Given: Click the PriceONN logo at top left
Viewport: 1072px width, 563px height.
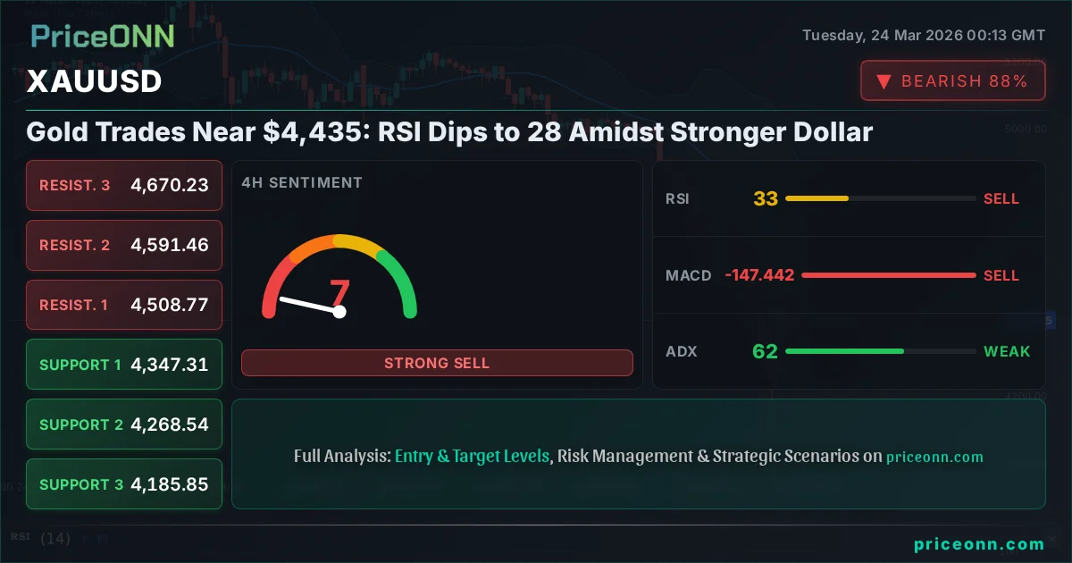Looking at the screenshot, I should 103,36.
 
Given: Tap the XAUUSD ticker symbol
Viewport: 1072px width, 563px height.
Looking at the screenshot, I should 94,81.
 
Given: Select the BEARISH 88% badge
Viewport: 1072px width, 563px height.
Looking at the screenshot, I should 952,81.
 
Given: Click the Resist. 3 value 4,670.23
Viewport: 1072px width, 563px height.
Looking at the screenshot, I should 170,185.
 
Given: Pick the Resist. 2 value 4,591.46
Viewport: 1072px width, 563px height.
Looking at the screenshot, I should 170,245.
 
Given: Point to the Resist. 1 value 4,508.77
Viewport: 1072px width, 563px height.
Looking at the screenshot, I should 170,305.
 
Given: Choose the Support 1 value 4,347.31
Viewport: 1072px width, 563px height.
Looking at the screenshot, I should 170,365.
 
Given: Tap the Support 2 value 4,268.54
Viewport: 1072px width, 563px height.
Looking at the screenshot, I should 170,424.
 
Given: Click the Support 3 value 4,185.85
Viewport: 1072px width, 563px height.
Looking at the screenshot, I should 170,484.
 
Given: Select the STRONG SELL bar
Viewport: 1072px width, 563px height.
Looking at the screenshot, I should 437,363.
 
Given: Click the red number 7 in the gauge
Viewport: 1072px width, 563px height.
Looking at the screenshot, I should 340,292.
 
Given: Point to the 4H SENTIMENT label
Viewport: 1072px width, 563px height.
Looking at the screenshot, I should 302,182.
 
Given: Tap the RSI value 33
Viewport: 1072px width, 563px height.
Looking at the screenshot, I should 766,198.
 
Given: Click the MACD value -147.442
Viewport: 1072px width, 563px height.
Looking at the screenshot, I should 759,275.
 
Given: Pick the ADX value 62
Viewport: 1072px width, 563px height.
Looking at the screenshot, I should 765,351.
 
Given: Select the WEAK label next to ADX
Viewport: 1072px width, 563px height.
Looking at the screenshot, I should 1007,351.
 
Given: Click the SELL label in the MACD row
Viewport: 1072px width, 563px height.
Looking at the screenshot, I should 1001,275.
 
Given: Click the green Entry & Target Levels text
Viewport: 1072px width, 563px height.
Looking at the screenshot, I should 472,456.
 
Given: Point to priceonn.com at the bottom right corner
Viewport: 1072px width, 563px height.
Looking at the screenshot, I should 979,543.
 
